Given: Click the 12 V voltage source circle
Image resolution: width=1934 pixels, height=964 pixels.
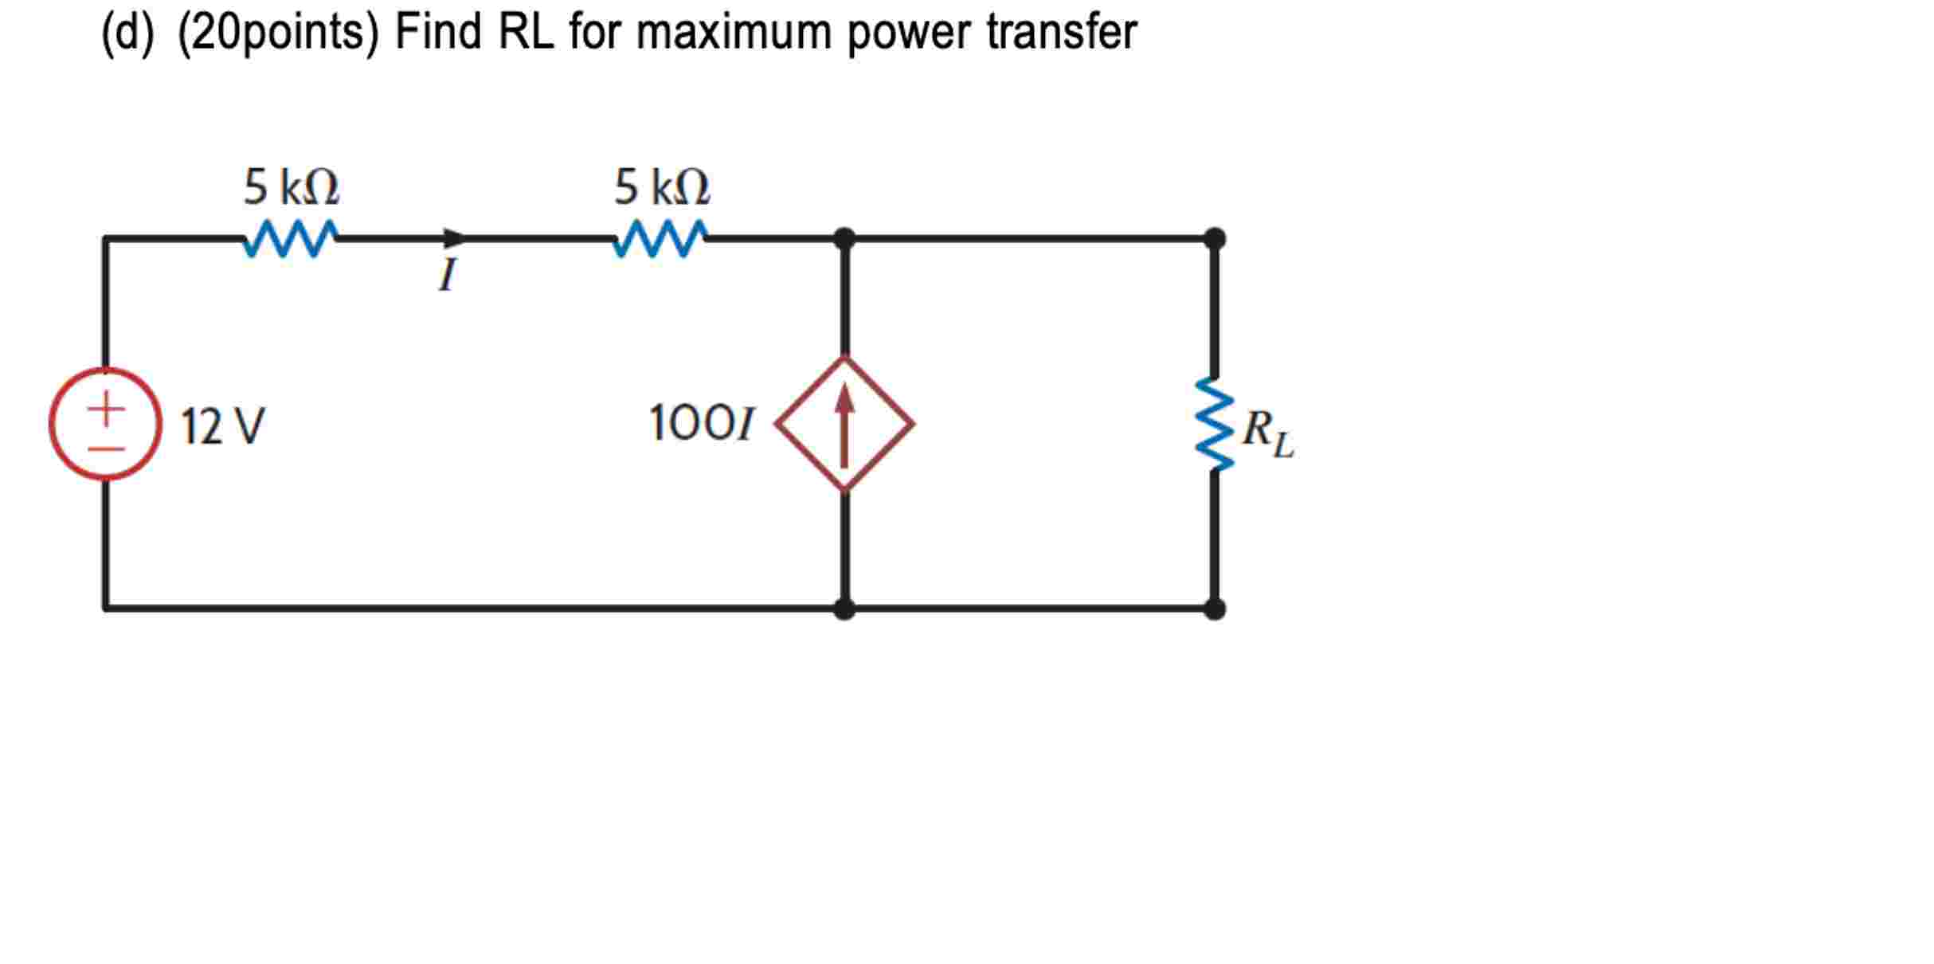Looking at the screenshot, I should coord(105,424).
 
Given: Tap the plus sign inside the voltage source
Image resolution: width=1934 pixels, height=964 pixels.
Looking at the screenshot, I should coord(106,410).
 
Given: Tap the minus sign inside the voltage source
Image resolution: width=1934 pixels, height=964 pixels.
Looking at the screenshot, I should coord(106,449).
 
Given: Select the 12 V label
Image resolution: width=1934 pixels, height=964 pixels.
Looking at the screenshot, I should coord(222,426).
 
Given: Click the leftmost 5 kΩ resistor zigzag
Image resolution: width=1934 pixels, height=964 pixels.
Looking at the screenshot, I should coord(291,239).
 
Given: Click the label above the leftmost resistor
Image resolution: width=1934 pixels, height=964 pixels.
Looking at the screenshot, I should coord(292,188).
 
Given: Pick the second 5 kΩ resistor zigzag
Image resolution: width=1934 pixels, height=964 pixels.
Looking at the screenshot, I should coord(660,239).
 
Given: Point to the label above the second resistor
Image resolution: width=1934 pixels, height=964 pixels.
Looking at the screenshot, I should coord(661,188).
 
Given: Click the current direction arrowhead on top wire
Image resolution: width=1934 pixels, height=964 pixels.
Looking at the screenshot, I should coord(455,238).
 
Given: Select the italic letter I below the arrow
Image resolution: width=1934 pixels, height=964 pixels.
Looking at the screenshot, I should coord(448,275).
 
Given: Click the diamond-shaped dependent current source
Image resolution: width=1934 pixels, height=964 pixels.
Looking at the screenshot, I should coord(844,424).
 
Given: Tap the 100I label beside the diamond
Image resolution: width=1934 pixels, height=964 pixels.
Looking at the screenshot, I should coord(701,423).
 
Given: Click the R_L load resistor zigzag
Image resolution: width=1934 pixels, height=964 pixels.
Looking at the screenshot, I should coord(1214,424).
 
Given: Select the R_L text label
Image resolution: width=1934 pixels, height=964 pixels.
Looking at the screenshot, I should coord(1268,434).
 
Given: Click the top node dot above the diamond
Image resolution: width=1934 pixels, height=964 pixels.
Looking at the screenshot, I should coord(844,238).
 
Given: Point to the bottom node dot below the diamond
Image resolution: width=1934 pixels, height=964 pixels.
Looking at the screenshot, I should coord(844,609).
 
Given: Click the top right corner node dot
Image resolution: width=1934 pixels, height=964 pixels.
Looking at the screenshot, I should coord(1214,238).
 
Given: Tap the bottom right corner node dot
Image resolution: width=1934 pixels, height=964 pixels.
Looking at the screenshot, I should coord(1214,609).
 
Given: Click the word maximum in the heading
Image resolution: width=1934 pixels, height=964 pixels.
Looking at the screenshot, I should coord(734,32).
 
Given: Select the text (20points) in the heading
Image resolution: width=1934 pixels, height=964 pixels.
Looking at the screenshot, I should coord(278,33).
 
